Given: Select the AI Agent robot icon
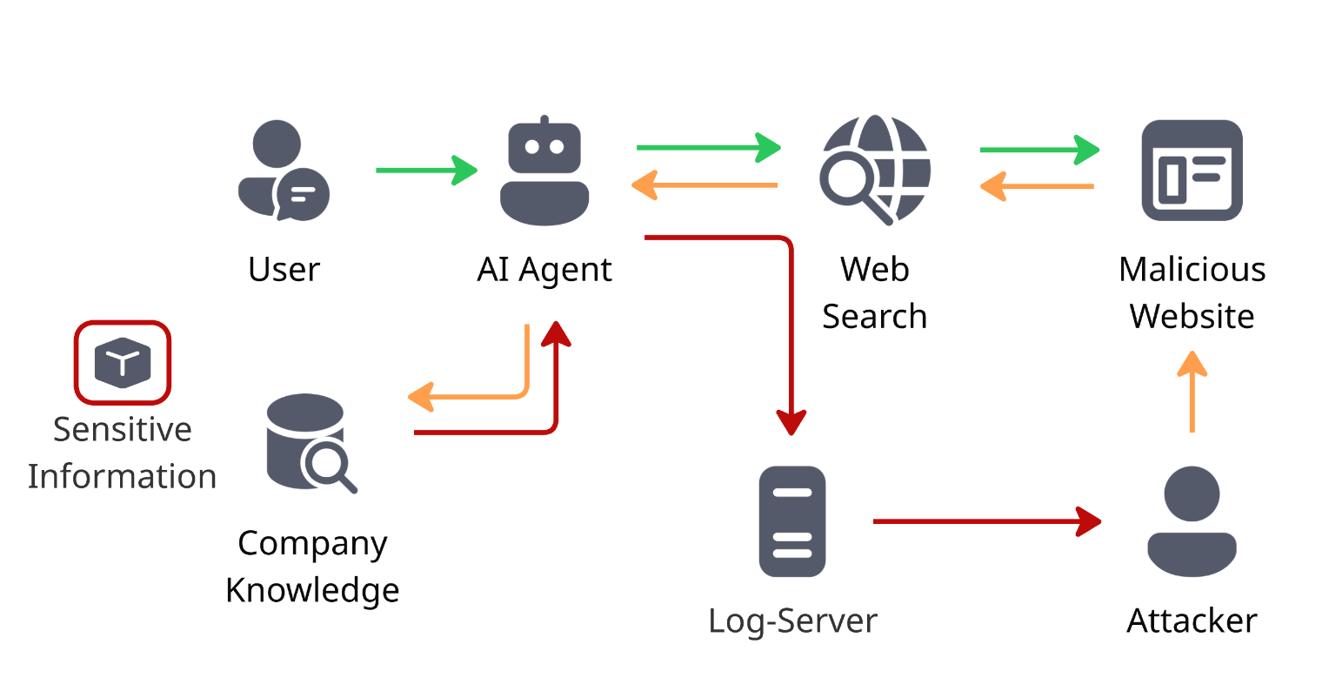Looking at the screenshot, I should (x=544, y=171).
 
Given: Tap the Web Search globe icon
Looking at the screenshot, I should (x=874, y=170).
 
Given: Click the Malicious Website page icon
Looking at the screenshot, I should (x=1192, y=170).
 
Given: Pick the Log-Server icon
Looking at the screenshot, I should (x=791, y=521).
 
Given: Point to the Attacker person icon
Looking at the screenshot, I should (x=1192, y=520).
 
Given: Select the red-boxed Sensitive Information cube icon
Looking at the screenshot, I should (x=123, y=362).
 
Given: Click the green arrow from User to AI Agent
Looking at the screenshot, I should (x=426, y=170).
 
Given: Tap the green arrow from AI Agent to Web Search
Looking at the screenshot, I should (x=708, y=148).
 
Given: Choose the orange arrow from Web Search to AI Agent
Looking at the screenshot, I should (x=705, y=185).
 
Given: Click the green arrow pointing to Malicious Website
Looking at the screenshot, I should (x=1039, y=150).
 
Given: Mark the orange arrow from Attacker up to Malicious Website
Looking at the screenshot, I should (x=1192, y=392).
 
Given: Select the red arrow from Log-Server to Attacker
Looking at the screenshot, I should (x=986, y=521).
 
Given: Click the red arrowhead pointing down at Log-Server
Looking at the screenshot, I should (x=791, y=422).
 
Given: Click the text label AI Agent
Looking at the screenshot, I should (x=544, y=270).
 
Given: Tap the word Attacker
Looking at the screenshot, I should (x=1192, y=621).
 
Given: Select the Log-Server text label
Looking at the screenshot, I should (x=792, y=621).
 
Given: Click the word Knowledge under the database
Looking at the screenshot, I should (x=312, y=589).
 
